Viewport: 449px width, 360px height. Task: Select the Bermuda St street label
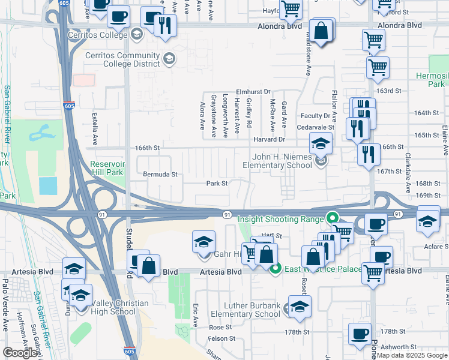coord(160,175)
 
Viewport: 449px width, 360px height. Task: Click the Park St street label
coord(217,184)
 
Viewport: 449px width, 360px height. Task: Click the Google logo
coord(20,353)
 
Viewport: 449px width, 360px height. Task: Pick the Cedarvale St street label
coord(315,127)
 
